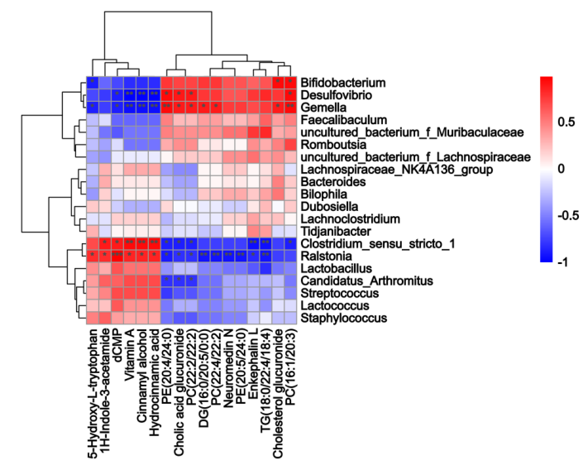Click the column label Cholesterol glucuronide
(x=278, y=390)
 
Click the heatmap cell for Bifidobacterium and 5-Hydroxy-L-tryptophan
(x=93, y=83)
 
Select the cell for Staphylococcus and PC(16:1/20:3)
(x=289, y=319)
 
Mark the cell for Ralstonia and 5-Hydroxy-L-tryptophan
(x=93, y=257)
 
